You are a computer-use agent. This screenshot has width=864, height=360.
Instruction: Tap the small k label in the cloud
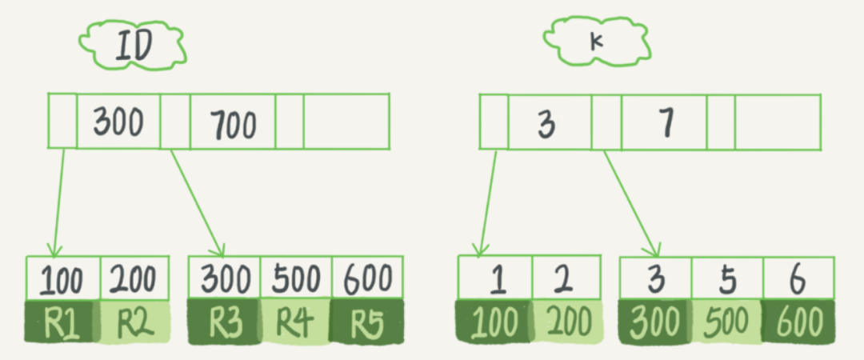click(x=595, y=41)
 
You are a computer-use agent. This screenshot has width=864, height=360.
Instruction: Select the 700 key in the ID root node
click(x=233, y=124)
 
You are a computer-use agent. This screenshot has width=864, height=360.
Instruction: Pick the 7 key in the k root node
click(x=666, y=122)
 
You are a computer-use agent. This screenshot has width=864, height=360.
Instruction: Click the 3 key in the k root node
click(x=547, y=123)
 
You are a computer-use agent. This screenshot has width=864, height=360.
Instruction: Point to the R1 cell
click(x=61, y=322)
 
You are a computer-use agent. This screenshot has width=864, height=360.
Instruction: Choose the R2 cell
click(x=134, y=322)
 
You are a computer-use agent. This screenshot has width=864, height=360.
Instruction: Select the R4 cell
click(x=295, y=322)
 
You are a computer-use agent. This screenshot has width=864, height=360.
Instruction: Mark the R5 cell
click(x=366, y=322)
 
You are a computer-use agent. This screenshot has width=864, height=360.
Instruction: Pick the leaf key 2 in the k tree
click(x=565, y=278)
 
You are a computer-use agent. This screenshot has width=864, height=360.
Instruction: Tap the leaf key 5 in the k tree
click(x=727, y=278)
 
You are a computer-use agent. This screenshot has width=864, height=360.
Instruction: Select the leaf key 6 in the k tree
click(x=798, y=278)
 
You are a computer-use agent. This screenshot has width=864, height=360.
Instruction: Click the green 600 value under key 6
click(x=798, y=322)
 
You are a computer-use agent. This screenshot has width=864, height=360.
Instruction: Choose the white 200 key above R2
click(x=134, y=278)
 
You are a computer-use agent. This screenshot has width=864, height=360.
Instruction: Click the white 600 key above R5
click(x=366, y=278)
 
